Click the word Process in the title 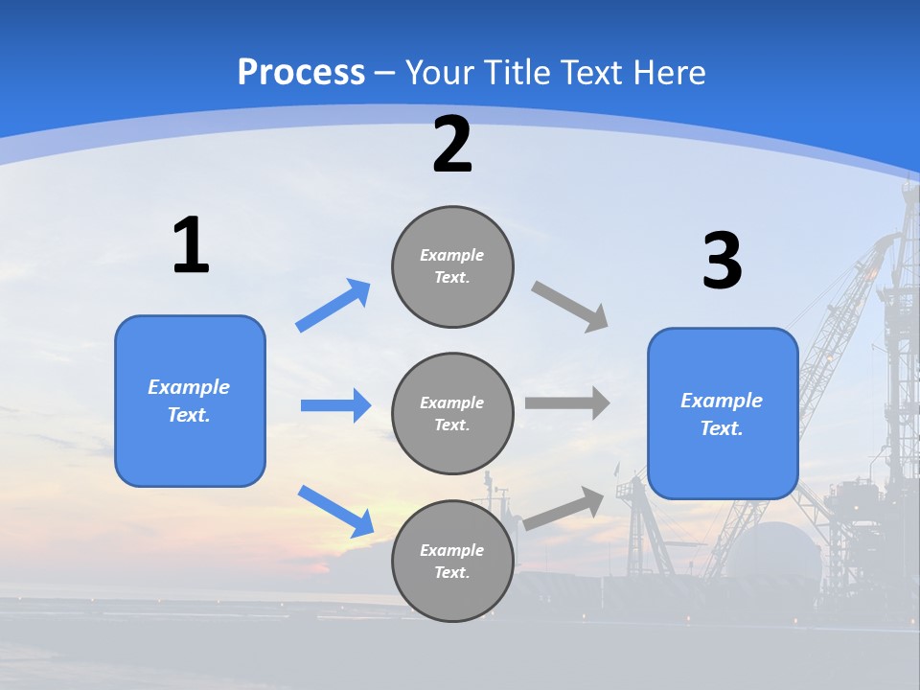[301, 73]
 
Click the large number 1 [191, 245]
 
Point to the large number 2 [452, 145]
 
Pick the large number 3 [722, 261]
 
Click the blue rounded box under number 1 [190, 401]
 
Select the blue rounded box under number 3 [723, 413]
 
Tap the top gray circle [452, 266]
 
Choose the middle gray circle [452, 413]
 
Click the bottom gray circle [452, 561]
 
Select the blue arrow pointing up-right [333, 306]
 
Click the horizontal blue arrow [335, 405]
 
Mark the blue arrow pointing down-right [335, 511]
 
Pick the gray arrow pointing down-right [570, 307]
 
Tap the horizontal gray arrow [567, 403]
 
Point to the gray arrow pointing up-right [564, 508]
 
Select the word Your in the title [438, 73]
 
